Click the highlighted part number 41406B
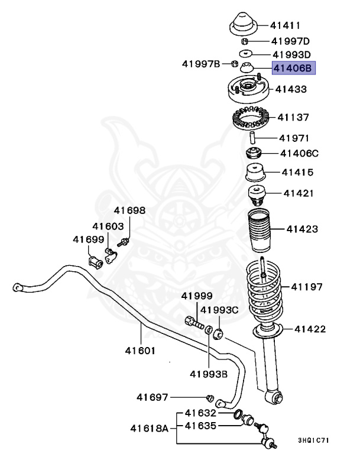[294, 69]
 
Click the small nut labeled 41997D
[244, 41]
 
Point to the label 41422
[310, 329]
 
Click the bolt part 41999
[194, 323]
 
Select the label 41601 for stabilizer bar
[140, 350]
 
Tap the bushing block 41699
[95, 261]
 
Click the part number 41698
[129, 210]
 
